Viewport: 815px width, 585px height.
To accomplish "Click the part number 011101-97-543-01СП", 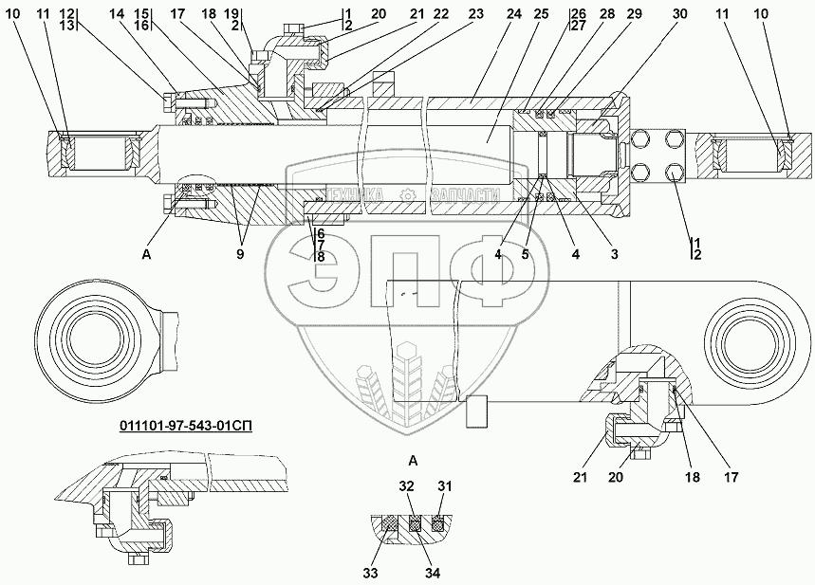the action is click(x=186, y=427).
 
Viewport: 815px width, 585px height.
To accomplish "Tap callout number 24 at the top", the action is click(x=513, y=14).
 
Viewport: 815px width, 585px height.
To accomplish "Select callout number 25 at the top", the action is click(x=541, y=14).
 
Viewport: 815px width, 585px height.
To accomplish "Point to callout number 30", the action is click(x=679, y=14).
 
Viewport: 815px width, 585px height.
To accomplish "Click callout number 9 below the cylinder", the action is click(x=240, y=254).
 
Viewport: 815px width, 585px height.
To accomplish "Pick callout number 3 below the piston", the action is click(x=615, y=254).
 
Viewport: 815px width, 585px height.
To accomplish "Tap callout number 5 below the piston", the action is click(x=525, y=254).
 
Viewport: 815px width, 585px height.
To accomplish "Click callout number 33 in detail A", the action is click(x=371, y=573).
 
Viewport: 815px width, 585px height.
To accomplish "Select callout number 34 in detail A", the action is click(x=433, y=573).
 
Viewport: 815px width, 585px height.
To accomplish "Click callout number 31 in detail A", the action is click(x=444, y=486).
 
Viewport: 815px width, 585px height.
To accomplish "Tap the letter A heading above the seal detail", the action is click(x=414, y=460).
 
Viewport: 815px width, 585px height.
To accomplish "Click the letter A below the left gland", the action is click(x=146, y=254).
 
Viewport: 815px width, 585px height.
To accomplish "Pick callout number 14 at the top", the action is click(x=117, y=14).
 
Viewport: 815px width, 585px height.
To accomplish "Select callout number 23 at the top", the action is click(x=475, y=14).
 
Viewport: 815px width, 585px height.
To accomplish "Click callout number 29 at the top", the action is click(x=634, y=14).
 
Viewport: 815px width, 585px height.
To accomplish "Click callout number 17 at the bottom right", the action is click(x=731, y=476).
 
